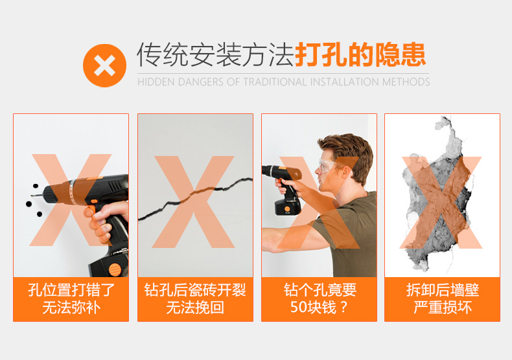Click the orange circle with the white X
coord(104,65)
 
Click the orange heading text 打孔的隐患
coord(360,54)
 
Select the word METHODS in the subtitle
coord(406,82)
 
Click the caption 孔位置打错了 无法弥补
coord(71,299)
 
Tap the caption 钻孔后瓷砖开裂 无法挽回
coord(195,299)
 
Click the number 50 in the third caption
coord(297,307)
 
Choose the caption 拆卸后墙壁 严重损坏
coord(443,299)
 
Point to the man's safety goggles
coord(328,166)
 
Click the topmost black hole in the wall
coord(35,186)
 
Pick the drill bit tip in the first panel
coord(32,196)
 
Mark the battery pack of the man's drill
coord(288,207)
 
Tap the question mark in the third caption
coord(343,308)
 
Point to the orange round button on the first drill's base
coord(115,270)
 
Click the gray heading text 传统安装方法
coord(215,54)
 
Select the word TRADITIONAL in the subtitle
coord(275,82)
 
